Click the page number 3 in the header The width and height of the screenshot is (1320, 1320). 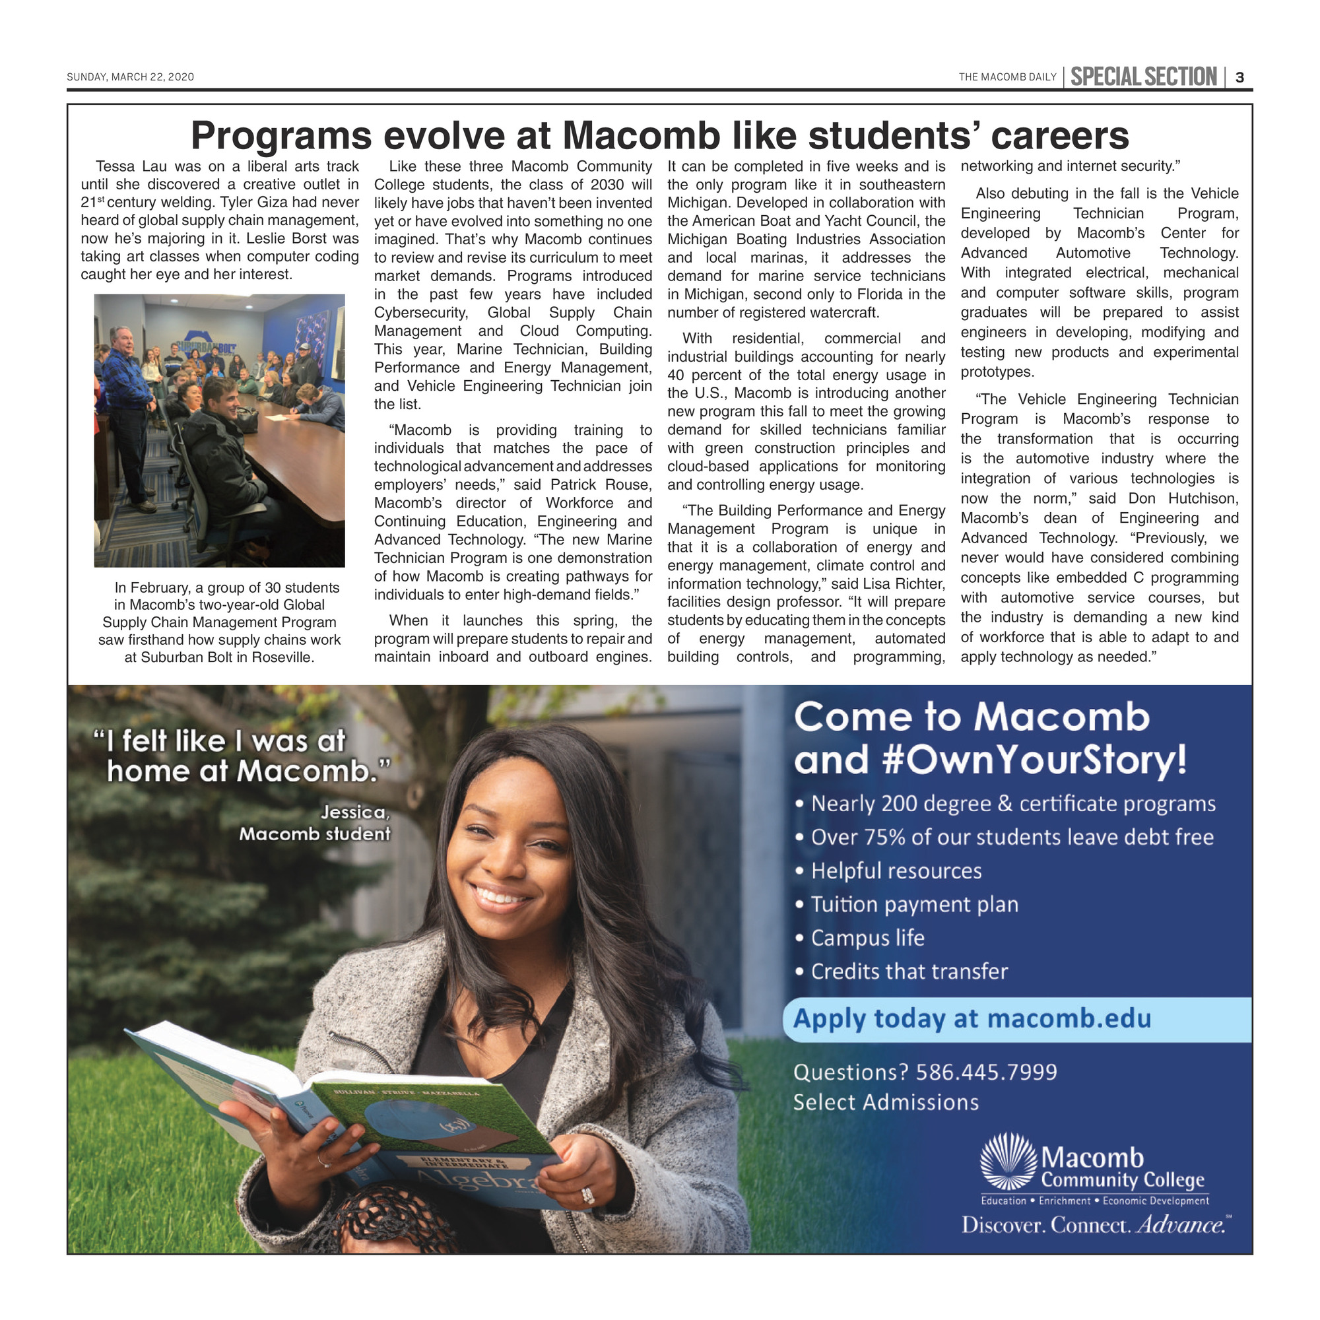coord(1240,77)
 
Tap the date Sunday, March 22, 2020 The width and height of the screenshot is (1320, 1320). coord(131,77)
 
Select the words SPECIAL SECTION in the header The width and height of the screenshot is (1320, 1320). coord(1143,77)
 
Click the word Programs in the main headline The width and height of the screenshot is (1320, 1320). coord(280,136)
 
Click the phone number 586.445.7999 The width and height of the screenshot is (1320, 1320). coord(986,1072)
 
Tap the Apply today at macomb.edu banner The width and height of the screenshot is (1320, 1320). coord(972,1018)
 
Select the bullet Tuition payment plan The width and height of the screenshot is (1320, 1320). coord(914,905)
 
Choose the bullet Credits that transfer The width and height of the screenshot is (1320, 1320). coord(909,972)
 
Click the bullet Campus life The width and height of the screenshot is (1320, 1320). coord(867,938)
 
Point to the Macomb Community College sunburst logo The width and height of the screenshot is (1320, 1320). coord(1008,1162)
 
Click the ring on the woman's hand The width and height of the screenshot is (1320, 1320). coord(587,1196)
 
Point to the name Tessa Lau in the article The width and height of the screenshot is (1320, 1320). coord(131,167)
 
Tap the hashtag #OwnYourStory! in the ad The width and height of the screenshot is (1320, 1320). coord(1034,760)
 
